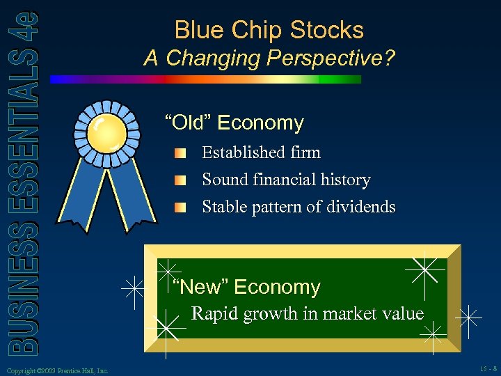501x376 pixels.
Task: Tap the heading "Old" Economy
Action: (234, 123)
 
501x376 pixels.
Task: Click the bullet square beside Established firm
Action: (180, 153)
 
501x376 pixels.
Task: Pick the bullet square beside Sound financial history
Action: (180, 180)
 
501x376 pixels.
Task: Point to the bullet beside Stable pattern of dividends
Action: (180, 207)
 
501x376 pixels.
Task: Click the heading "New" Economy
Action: (246, 287)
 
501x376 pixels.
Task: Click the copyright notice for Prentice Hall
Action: (56, 371)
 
